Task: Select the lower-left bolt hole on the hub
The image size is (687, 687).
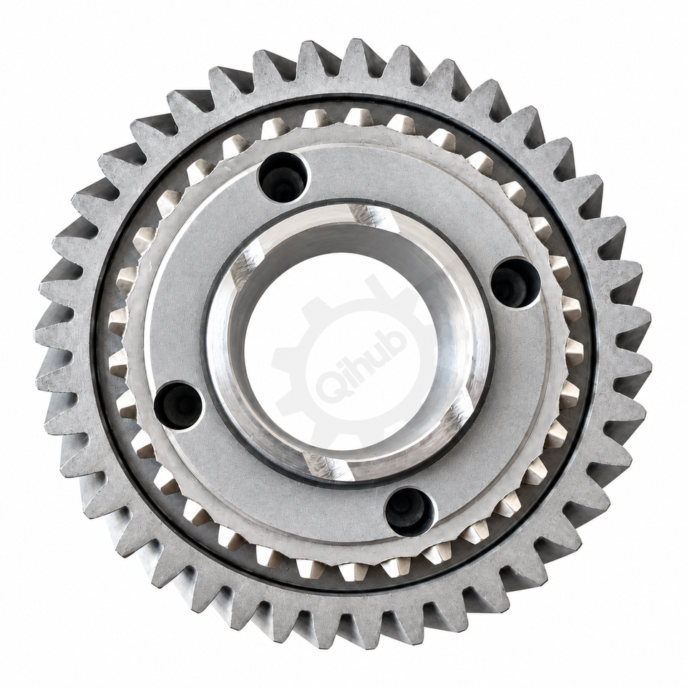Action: [178, 406]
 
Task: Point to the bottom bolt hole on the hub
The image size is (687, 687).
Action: [410, 511]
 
